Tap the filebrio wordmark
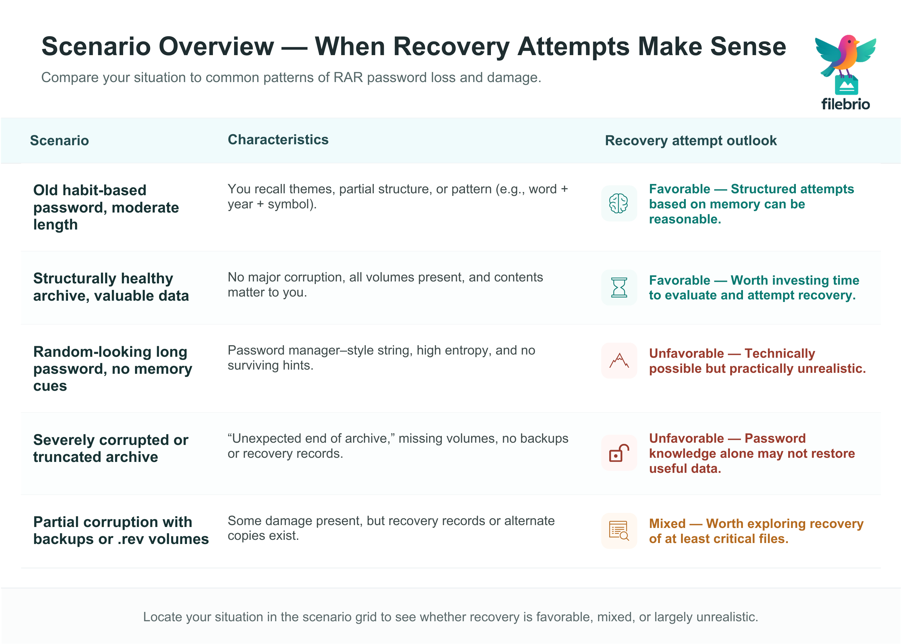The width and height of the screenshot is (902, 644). pos(845,104)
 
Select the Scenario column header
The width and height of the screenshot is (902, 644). pos(60,141)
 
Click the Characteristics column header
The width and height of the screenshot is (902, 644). pos(278,140)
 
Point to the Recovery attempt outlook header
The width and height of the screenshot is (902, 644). pos(691,141)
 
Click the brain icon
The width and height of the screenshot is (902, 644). pos(619,204)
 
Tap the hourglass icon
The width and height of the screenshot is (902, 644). pos(619,288)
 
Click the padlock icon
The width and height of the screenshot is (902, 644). pos(619,453)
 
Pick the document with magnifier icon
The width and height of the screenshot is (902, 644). pos(619,531)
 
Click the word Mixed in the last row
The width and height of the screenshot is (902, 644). pos(667,524)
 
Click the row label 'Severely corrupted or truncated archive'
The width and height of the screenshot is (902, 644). pos(111,448)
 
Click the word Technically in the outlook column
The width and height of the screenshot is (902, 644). pos(780,353)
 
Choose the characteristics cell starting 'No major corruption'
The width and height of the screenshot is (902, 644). pos(385,285)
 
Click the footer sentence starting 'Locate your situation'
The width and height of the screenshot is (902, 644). pos(451,617)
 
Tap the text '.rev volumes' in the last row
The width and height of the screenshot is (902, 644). pos(163,539)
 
